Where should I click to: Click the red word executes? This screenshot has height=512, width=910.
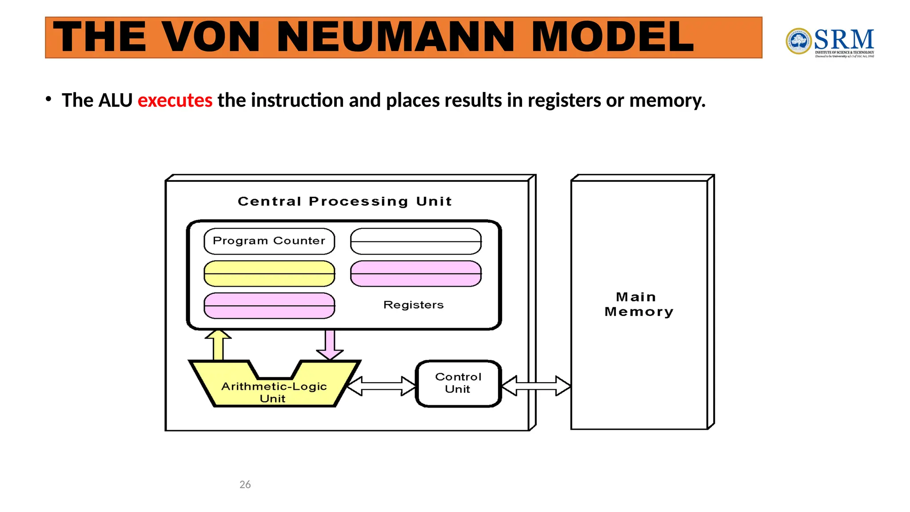(175, 100)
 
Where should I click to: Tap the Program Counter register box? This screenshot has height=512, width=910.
(269, 241)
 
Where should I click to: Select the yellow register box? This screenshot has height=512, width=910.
(269, 273)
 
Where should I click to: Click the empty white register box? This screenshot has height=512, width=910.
(415, 241)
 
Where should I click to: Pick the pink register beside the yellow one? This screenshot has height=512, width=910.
(415, 273)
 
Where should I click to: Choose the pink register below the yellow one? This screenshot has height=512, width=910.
(269, 305)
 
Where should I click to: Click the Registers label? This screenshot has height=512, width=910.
(413, 305)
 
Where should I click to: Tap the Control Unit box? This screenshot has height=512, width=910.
(458, 383)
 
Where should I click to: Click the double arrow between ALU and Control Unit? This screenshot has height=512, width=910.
(381, 386)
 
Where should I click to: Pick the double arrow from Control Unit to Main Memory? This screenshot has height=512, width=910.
(536, 385)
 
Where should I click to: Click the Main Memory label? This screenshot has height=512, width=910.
(639, 304)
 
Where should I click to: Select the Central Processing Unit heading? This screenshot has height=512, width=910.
(345, 201)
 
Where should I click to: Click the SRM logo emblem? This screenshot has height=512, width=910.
(798, 41)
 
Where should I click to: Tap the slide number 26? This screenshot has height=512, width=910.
(245, 484)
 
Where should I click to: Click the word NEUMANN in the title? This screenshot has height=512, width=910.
(398, 37)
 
